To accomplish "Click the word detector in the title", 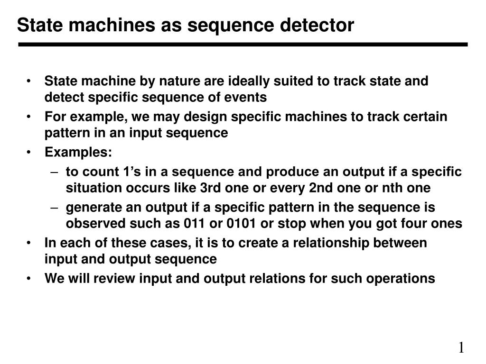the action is click(317, 25).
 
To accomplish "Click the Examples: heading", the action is click(78, 152).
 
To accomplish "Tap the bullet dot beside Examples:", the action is click(28, 152).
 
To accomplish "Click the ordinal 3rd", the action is click(210, 188).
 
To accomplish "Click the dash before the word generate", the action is click(54, 208).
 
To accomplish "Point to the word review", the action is click(114, 279).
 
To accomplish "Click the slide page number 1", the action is click(461, 347).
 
